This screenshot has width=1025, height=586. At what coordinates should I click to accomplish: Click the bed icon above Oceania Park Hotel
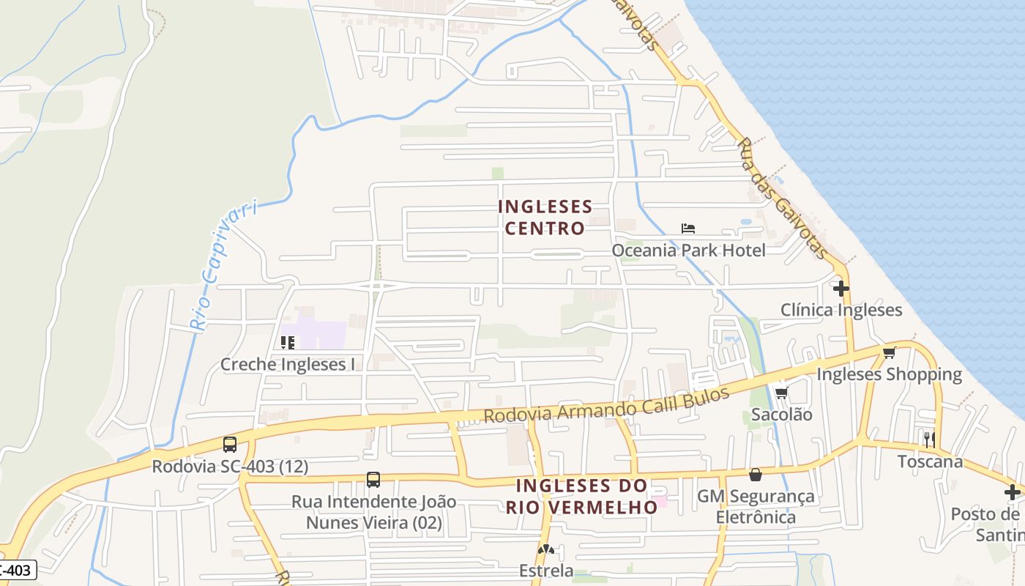[x=687, y=229]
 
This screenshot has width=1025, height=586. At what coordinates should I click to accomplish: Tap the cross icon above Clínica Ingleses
[x=840, y=288]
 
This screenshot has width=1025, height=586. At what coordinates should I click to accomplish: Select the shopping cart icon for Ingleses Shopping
[x=889, y=353]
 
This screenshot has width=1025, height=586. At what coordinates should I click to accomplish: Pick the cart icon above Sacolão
[x=781, y=393]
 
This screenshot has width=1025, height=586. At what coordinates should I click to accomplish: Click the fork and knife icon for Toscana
[x=929, y=439]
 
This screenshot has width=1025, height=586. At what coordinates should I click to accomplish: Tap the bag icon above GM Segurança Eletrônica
[x=756, y=475]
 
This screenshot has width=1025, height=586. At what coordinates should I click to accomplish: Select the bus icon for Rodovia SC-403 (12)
[x=230, y=444]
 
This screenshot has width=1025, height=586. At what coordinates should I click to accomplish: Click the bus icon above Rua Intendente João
[x=373, y=480]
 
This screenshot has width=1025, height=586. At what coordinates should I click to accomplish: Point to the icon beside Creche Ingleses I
[x=287, y=342]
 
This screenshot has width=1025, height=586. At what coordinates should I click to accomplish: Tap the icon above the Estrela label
[x=545, y=549]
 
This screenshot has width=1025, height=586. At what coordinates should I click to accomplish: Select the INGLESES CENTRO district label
[x=545, y=217]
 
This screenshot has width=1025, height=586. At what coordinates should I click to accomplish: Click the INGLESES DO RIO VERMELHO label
[x=582, y=496]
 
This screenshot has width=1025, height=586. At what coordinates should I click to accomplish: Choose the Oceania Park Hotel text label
[x=688, y=251]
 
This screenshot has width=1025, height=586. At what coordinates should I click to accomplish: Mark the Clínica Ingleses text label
[x=841, y=310]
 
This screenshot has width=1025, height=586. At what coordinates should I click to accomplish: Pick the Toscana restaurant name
[x=930, y=461]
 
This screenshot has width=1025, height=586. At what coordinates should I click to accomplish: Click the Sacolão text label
[x=782, y=415]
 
